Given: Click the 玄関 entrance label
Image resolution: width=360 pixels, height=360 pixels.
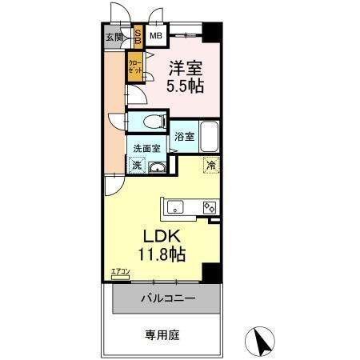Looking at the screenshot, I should tap(114, 36).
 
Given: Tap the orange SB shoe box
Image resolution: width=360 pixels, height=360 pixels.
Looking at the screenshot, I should tap(137, 36).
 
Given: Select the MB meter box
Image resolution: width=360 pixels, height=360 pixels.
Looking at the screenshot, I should tap(156, 36).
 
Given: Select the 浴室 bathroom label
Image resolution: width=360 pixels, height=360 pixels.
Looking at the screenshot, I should tap(183, 137).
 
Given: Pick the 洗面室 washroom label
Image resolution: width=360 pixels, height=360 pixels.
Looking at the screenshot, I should tap(146, 148).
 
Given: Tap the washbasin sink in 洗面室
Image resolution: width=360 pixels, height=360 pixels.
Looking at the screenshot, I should tap(157, 166).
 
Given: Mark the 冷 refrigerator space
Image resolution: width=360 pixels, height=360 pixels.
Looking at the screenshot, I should tap(211, 165).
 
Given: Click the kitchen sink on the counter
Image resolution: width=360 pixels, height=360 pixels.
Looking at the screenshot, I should tap(174, 207).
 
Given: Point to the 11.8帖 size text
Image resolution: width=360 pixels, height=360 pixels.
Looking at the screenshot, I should tap(165, 255).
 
